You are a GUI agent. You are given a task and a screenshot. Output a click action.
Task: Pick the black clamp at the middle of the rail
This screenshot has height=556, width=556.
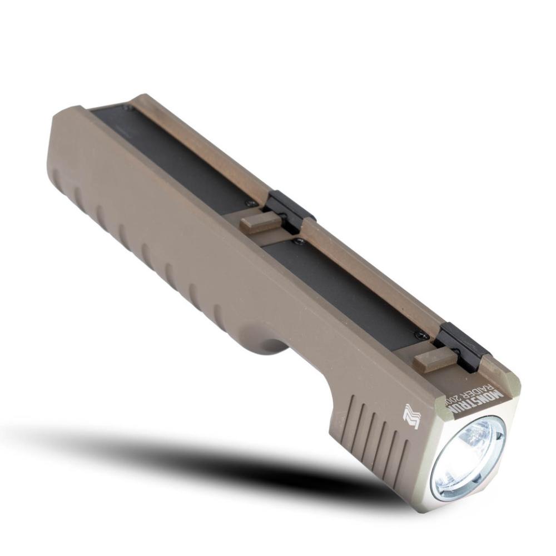(289, 209)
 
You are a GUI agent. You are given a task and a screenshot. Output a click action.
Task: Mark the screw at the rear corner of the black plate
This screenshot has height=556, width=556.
(128, 108)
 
